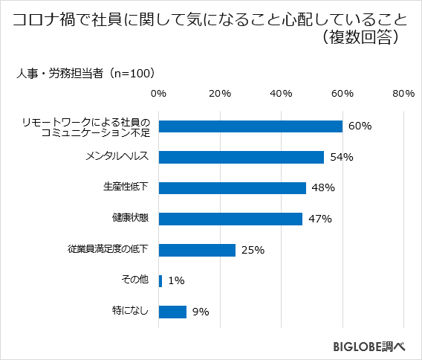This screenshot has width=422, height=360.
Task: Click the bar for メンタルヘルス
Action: pos(241,157)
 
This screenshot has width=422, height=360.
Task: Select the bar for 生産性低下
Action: pos(232,188)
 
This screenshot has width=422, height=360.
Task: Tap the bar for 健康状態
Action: pos(230,219)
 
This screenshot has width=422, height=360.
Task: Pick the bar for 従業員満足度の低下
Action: pos(197,250)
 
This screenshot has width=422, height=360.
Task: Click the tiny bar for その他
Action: pos(160,280)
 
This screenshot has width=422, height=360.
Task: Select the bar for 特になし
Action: pos(172,312)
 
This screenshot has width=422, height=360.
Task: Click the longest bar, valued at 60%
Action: pos(250,126)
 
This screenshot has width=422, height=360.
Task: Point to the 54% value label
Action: pos(341,157)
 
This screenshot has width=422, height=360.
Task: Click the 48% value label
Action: pos(322,188)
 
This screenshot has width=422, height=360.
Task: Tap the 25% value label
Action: pos(253,250)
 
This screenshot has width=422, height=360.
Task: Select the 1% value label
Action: pos(175,280)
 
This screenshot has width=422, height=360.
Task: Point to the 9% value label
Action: pos(200,312)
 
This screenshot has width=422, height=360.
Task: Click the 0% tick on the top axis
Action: pos(158,94)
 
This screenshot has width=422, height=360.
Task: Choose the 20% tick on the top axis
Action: pos(220,94)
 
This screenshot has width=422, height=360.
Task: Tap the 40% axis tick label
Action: pos(281,94)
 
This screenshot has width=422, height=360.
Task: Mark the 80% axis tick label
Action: pos(403,94)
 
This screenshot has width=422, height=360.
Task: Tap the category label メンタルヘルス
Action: pos(117,157)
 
